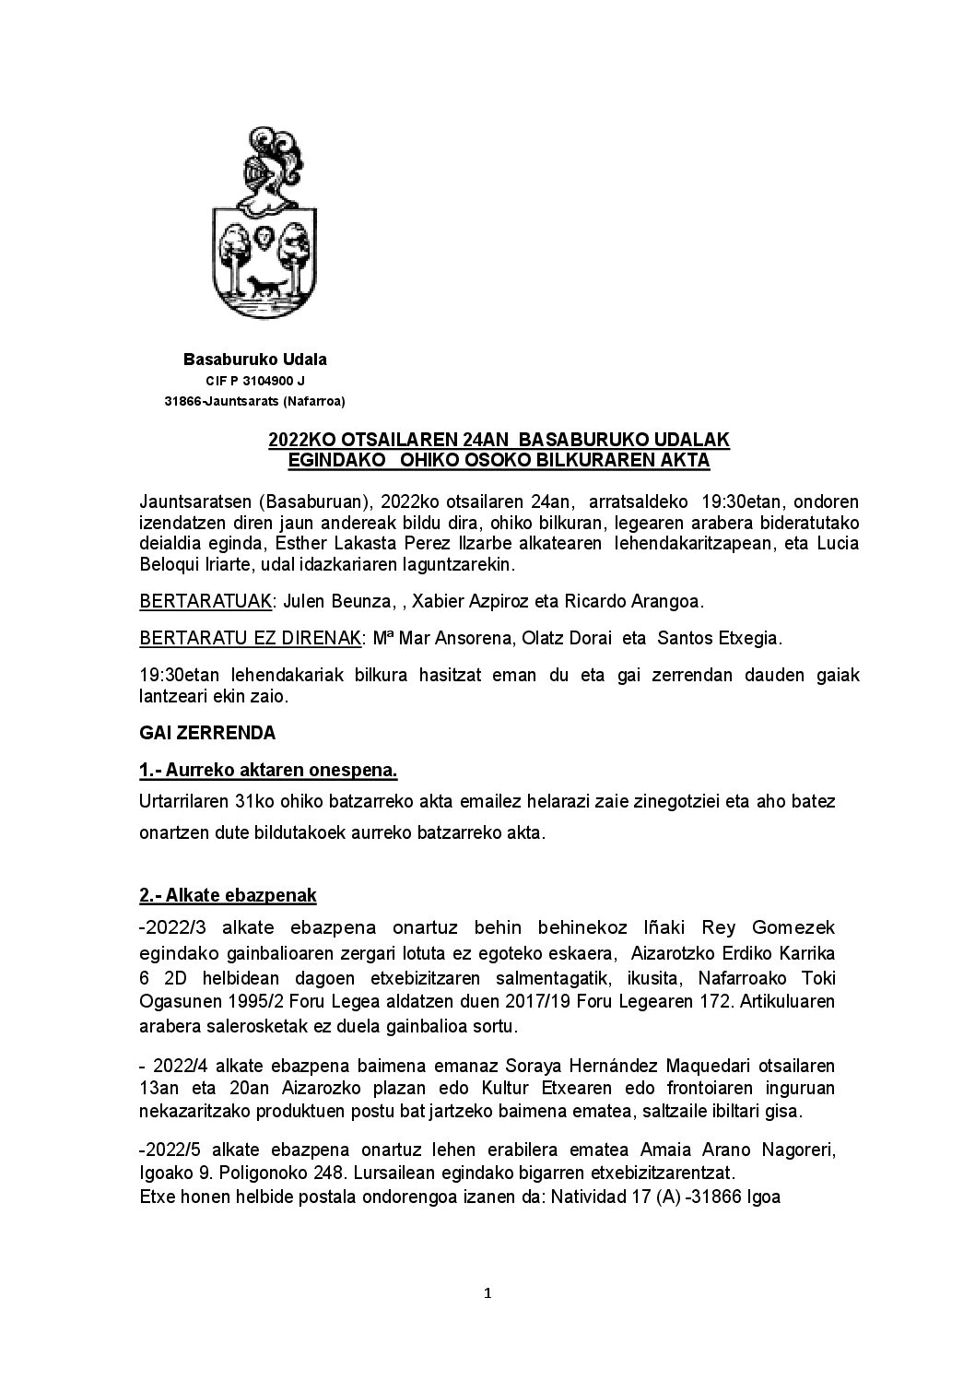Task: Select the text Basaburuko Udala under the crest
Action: pos(254,359)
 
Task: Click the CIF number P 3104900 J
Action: pos(254,381)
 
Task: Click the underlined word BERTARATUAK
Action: pos(206,602)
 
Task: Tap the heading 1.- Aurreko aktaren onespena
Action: pos(268,770)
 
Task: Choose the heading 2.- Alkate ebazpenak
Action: pos(228,894)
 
